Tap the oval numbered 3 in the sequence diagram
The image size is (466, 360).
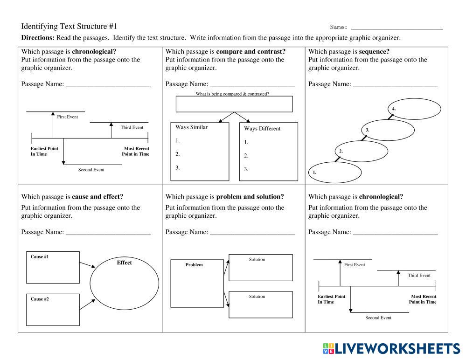[x=388, y=130]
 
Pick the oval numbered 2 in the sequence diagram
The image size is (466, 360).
[x=362, y=151]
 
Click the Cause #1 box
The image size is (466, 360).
[x=53, y=267]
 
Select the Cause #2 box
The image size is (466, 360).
[x=53, y=309]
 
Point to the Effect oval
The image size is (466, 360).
[x=124, y=284]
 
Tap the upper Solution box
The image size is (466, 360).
[x=260, y=268]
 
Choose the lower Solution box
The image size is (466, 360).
[x=260, y=305]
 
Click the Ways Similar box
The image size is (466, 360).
[x=200, y=151]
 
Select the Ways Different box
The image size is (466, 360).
[x=268, y=152]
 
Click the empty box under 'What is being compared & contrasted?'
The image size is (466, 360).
[x=234, y=104]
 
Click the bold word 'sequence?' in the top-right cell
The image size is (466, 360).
[x=374, y=51]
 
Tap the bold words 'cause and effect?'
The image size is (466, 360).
[x=97, y=197]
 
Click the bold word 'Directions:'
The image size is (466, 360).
[x=38, y=38]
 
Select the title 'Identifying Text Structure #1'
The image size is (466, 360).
[x=69, y=27]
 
